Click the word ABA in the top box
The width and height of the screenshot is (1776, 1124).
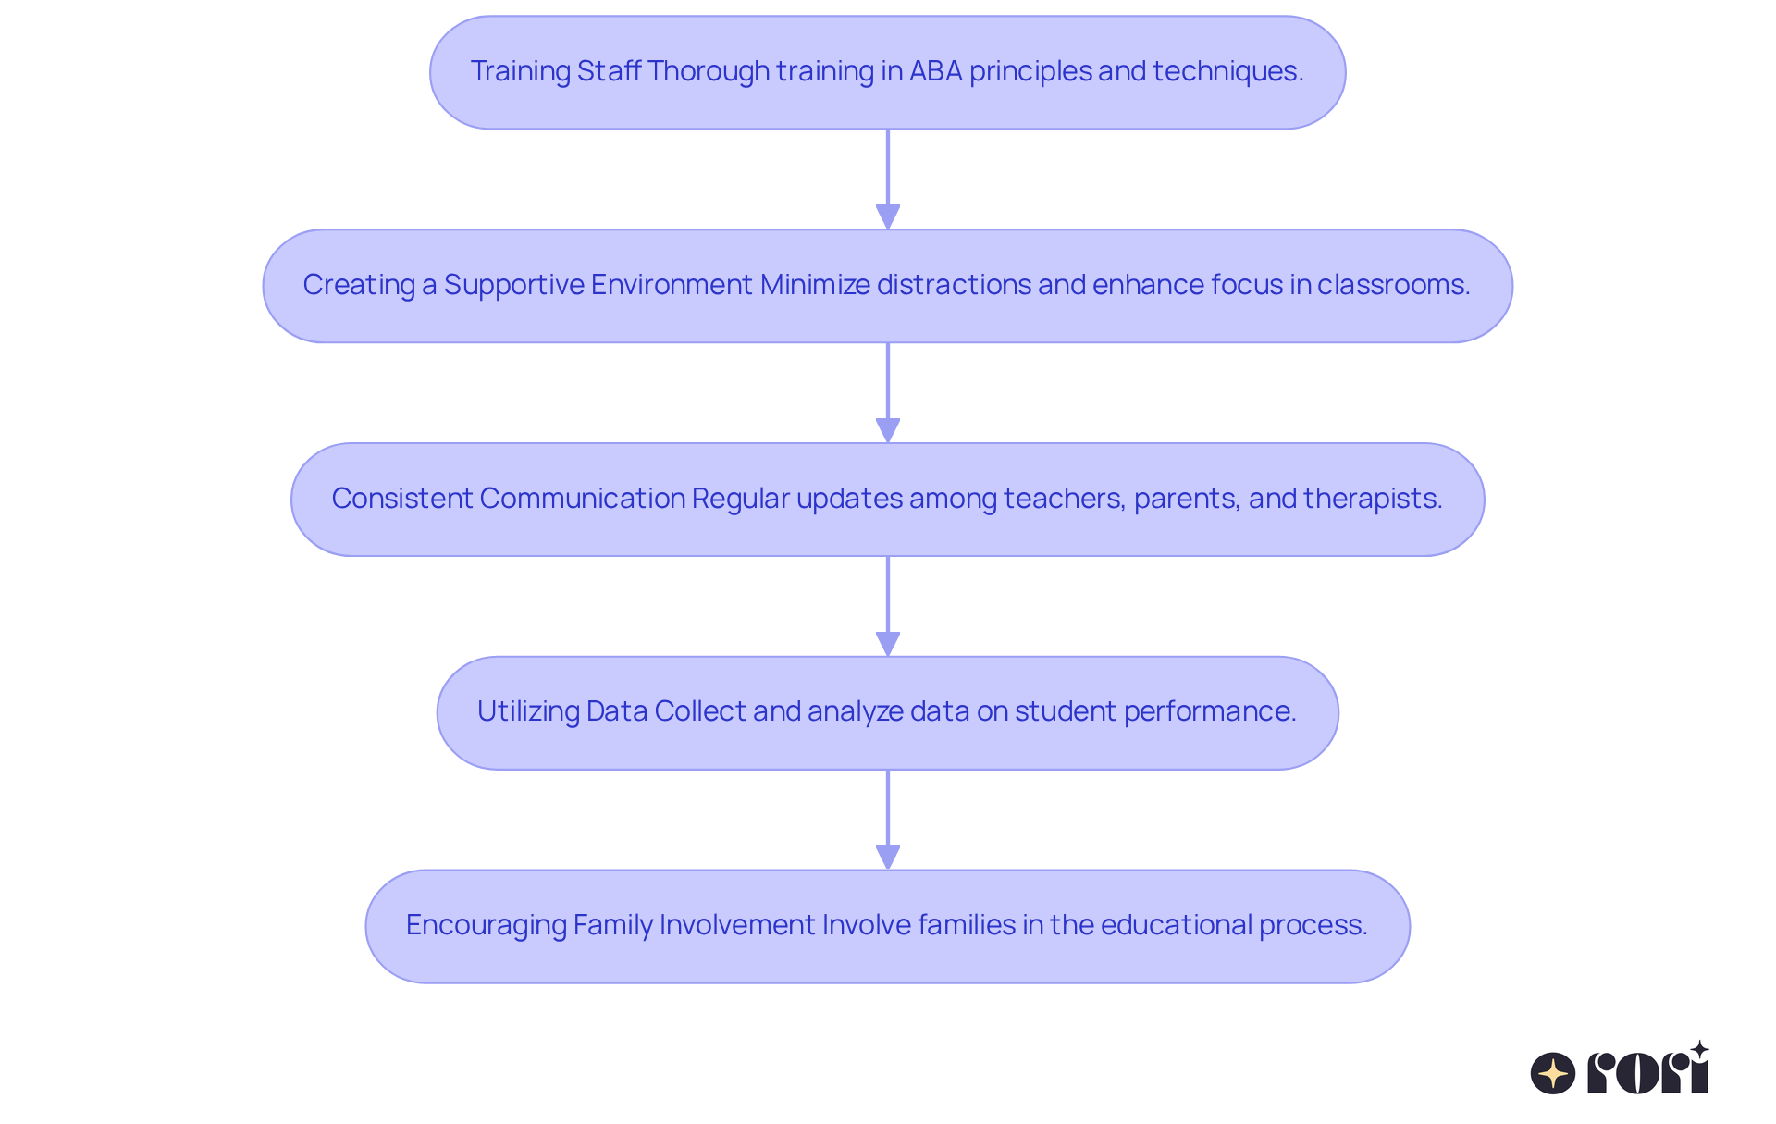936,71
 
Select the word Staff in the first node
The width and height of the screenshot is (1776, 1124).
610,71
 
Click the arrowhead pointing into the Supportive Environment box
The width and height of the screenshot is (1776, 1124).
888,217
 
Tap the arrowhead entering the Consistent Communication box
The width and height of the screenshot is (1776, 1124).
888,431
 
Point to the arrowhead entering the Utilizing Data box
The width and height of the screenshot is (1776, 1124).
888,644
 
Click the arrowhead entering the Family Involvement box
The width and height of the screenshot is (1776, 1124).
888,858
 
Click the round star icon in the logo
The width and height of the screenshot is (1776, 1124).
1553,1073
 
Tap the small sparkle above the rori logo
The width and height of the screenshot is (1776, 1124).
1699,1050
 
